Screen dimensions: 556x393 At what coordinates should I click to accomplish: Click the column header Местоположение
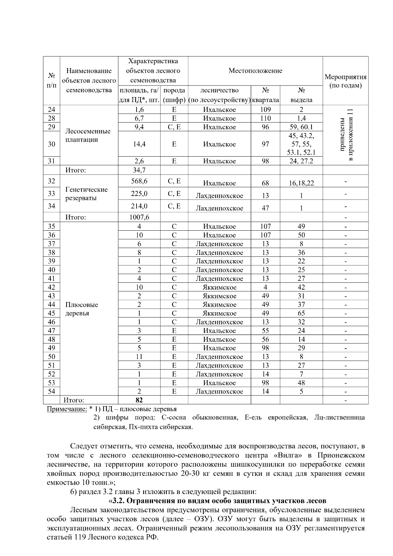pos(255,70)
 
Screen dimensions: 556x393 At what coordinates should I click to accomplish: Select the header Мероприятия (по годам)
pos(345,81)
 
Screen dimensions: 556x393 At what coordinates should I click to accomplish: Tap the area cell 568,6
pos(139,181)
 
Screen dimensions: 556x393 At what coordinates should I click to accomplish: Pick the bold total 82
pos(139,400)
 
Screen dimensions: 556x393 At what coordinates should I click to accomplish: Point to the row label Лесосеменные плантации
pos(88,135)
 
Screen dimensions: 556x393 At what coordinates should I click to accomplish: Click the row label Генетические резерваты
pos(86,194)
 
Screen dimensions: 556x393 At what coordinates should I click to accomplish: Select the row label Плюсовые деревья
pos(82,309)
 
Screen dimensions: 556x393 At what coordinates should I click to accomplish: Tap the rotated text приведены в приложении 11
pos(346,135)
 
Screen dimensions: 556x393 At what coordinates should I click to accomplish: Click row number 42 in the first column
pos(51,287)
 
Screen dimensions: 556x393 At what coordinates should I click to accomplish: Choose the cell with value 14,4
pos(139,144)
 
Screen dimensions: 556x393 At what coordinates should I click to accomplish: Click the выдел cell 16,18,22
pos(301,183)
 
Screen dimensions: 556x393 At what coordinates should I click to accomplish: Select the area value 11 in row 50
pos(139,357)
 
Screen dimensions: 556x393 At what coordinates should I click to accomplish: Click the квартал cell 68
pos(265,183)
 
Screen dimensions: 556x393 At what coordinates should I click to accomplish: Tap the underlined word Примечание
pos(67,409)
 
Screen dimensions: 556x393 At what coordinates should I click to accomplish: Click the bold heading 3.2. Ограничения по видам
pos(217,501)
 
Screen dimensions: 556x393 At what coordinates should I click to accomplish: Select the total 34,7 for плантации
pos(139,170)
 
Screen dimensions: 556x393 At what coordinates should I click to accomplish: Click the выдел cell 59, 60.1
pos(301,127)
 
